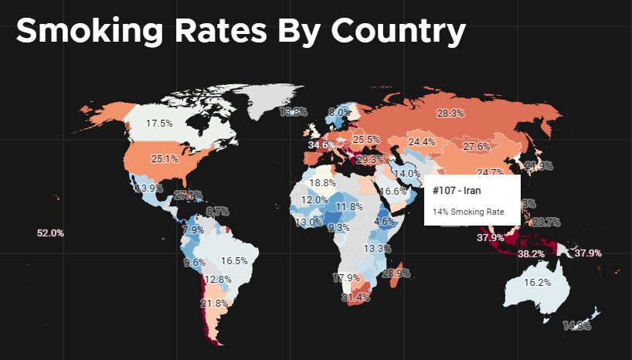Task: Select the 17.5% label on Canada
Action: tap(160, 123)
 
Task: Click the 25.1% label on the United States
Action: tap(165, 159)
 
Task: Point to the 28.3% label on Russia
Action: tap(450, 114)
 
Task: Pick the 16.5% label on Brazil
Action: tap(234, 261)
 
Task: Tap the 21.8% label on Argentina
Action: tap(214, 304)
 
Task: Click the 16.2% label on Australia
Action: tap(537, 283)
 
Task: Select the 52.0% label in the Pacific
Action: tap(50, 233)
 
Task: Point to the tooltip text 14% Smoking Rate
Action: tap(467, 211)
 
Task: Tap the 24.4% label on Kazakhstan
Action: tap(421, 142)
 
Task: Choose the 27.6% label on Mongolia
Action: tap(477, 147)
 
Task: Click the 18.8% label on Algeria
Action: tap(322, 183)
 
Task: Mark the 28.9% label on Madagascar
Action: tap(396, 273)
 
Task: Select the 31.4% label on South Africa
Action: tap(356, 297)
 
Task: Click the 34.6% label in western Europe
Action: tap(321, 144)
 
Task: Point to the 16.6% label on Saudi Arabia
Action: tap(393, 191)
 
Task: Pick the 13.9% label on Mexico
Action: tap(148, 188)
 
